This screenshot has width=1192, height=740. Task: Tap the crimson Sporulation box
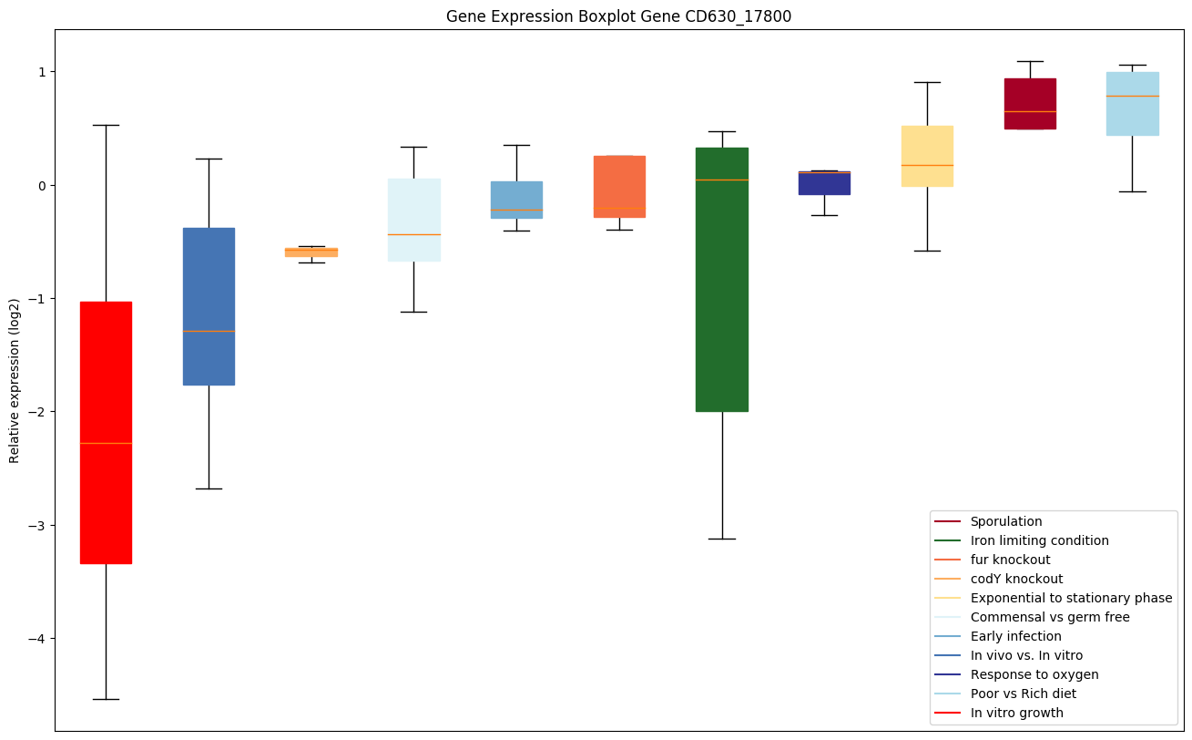(x=1029, y=103)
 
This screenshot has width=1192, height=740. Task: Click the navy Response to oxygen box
(x=824, y=182)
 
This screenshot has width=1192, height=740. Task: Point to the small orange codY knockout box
(x=311, y=252)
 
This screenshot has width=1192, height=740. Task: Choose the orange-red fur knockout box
(x=619, y=186)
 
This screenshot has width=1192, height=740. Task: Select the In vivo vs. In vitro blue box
(x=209, y=306)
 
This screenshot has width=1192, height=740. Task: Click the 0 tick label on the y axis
(x=40, y=185)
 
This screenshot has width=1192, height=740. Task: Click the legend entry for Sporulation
(x=1005, y=521)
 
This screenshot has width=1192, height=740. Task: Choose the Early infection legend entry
(x=1015, y=636)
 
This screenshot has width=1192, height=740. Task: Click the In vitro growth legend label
(x=1016, y=713)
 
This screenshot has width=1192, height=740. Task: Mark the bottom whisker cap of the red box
(x=106, y=699)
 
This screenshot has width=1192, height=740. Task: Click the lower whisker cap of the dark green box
(x=721, y=539)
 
